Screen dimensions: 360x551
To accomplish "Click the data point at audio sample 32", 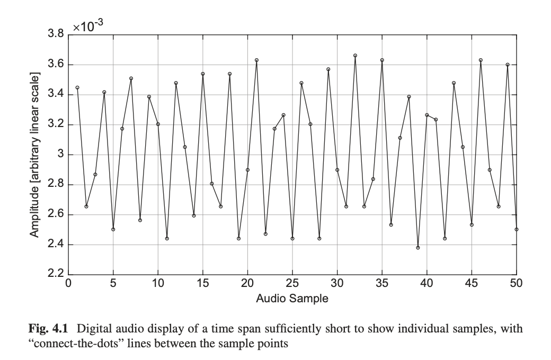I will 356,56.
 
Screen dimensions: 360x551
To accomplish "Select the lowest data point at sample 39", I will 418,248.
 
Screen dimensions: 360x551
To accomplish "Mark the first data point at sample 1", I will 77,87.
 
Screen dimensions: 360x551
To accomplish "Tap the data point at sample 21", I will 256,60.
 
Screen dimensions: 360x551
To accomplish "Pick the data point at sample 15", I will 203,74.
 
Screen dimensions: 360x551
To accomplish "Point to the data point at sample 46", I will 481,60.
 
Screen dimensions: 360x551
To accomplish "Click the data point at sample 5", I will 113,229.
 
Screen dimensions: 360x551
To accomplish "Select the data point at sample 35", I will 382,60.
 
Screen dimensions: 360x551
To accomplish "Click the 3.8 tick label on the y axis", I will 56,35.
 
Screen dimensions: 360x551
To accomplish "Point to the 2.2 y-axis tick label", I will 56,275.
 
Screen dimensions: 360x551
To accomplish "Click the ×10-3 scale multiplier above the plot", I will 87,26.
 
